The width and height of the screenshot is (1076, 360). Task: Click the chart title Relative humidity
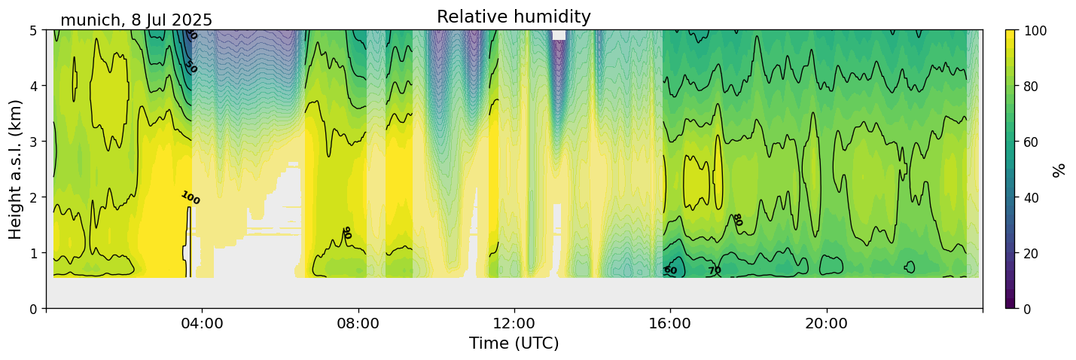[514, 17]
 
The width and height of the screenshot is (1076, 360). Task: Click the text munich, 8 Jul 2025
[136, 20]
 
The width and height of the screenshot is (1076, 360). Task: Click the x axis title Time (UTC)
[514, 344]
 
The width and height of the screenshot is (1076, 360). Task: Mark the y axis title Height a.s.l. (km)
[16, 169]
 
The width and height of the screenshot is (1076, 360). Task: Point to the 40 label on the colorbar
[1033, 197]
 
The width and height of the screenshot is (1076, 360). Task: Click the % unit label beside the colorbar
[1059, 169]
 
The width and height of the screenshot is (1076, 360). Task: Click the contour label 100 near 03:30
[191, 199]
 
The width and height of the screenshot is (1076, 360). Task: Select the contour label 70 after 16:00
[715, 270]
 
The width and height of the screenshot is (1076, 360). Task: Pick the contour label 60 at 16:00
[670, 270]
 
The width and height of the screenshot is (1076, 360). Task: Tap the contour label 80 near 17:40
[736, 220]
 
